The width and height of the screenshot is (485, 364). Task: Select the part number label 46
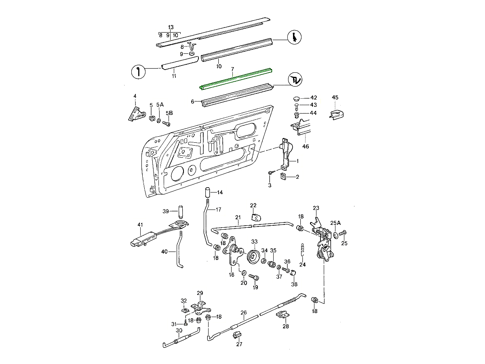pos(306,146)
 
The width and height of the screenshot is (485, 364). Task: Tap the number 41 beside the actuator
pos(140,225)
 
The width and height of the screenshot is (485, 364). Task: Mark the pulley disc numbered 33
pos(254,256)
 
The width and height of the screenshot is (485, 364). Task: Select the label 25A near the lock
pos(335,222)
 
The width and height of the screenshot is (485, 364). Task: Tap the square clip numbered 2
pos(285,177)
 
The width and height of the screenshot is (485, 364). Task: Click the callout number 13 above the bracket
pos(171,27)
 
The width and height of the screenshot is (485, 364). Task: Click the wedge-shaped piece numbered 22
pos(255,217)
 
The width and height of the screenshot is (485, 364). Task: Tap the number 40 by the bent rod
pos(164,252)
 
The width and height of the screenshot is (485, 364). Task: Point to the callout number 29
pos(200,293)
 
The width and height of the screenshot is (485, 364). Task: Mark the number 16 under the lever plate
pos(232,275)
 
